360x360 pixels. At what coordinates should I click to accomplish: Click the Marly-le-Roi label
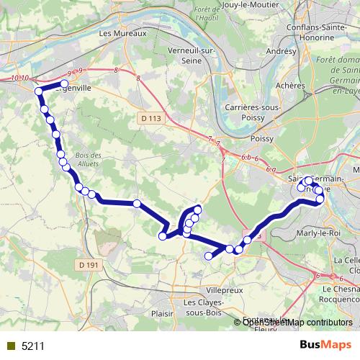[316, 233]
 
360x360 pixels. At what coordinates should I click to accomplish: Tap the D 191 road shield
[89, 265]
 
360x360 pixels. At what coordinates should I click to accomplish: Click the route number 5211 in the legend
[32, 346]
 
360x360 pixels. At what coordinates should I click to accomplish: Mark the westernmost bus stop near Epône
[38, 91]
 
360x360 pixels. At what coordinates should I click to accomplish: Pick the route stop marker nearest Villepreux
[210, 256]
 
